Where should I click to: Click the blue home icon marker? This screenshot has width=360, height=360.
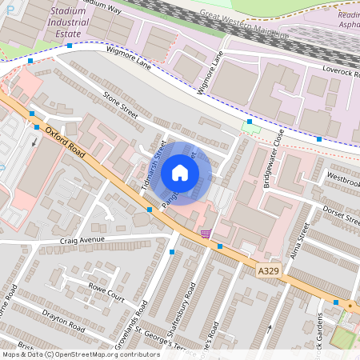pyautogui.click(x=180, y=173)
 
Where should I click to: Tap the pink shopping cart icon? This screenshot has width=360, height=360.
pyautogui.click(x=206, y=234)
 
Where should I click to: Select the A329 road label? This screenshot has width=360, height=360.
pyautogui.click(x=270, y=272)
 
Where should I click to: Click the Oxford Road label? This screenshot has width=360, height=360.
pyautogui.click(x=66, y=142)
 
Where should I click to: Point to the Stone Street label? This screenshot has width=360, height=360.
pyautogui.click(x=120, y=105)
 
